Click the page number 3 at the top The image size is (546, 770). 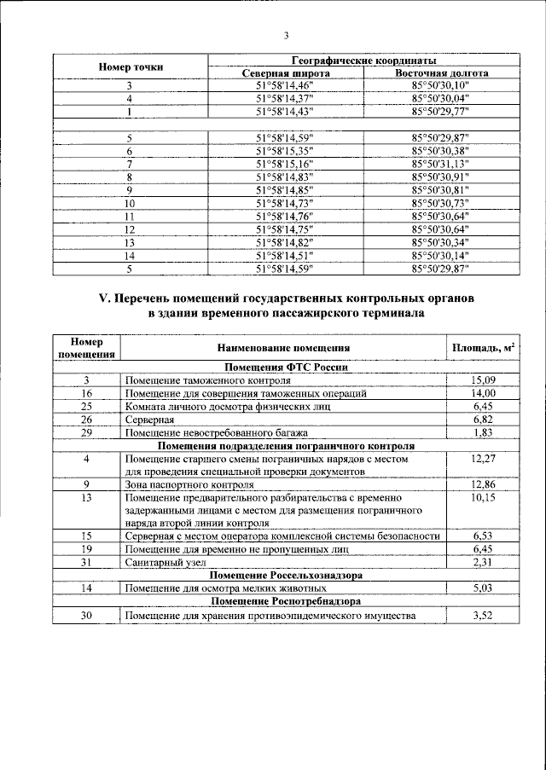pos(287,35)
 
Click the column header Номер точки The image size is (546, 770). pos(131,67)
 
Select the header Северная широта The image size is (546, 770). pos(285,73)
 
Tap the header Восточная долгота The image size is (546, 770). pos(440,73)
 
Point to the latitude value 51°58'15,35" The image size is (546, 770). pos(285,150)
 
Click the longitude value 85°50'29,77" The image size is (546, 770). pos(440,111)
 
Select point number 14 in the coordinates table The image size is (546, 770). pos(130,254)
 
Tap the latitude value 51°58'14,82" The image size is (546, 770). pos(285,241)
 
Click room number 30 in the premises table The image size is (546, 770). pos(86,616)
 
